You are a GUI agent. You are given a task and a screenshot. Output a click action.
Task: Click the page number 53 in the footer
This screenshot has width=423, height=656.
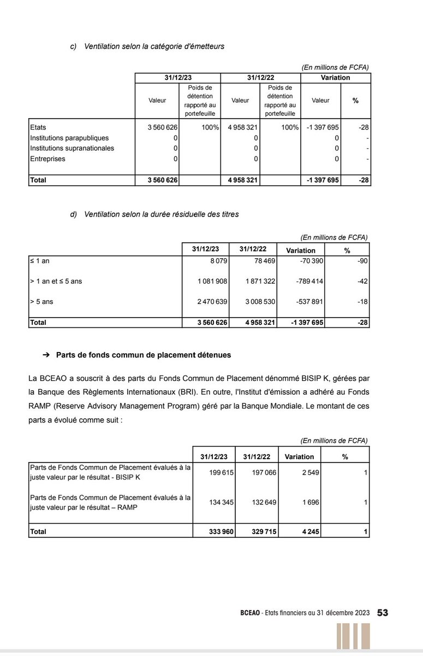pyautogui.click(x=383, y=613)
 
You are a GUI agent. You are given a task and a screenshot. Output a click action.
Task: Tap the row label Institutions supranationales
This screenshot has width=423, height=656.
pyautogui.click(x=72, y=148)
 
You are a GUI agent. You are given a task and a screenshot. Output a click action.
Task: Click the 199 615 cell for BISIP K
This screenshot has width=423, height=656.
pyautogui.click(x=222, y=472)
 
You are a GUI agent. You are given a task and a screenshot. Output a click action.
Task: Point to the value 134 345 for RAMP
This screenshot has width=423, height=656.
pyautogui.click(x=222, y=502)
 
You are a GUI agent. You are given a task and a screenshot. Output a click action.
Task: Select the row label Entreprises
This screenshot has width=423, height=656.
pyautogui.click(x=47, y=159)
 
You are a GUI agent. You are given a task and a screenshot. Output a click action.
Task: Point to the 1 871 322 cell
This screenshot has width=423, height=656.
pyautogui.click(x=260, y=282)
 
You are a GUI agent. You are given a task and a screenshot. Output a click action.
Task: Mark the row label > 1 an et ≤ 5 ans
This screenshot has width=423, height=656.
pyautogui.click(x=56, y=282)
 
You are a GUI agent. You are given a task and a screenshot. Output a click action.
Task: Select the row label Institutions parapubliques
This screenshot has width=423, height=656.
pyautogui.click(x=69, y=138)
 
